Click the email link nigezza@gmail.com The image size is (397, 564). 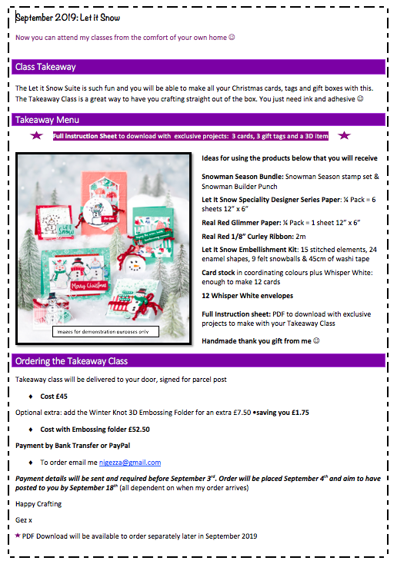pyautogui.click(x=130, y=463)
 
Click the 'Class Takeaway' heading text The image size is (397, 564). pyautogui.click(x=45, y=67)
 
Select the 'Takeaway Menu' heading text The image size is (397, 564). pyautogui.click(x=47, y=120)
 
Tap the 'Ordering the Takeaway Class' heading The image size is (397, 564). pyautogui.click(x=72, y=361)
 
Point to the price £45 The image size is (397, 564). pyautogui.click(x=62, y=396)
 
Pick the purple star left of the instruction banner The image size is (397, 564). pyautogui.click(x=36, y=135)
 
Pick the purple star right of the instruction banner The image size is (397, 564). pyautogui.click(x=344, y=135)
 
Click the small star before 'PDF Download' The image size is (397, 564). pyautogui.click(x=18, y=536)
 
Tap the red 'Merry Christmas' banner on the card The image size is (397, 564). pyautogui.click(x=88, y=286)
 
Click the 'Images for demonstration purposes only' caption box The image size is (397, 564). pyautogui.click(x=105, y=332)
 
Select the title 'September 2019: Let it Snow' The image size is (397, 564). pyautogui.click(x=68, y=18)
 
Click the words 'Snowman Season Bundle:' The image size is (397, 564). pyautogui.click(x=242, y=177)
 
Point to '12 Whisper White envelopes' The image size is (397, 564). pyautogui.click(x=248, y=296)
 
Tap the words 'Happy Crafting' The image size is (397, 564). pyautogui.click(x=38, y=504)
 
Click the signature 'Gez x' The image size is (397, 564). pyautogui.click(x=24, y=520)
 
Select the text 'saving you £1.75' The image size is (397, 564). pyautogui.click(x=282, y=413)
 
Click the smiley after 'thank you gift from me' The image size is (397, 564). pyautogui.click(x=316, y=340)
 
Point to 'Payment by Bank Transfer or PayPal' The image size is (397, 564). pyautogui.click(x=73, y=446)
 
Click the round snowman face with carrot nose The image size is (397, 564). pyautogui.click(x=135, y=267)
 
